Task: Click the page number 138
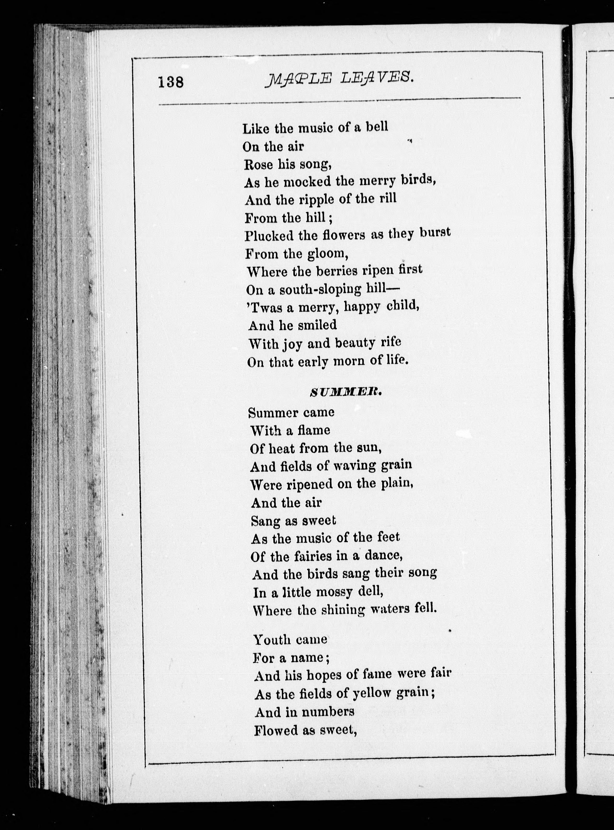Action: pyautogui.click(x=171, y=82)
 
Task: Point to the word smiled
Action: pyautogui.click(x=318, y=325)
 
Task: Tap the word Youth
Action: pyautogui.click(x=272, y=640)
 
